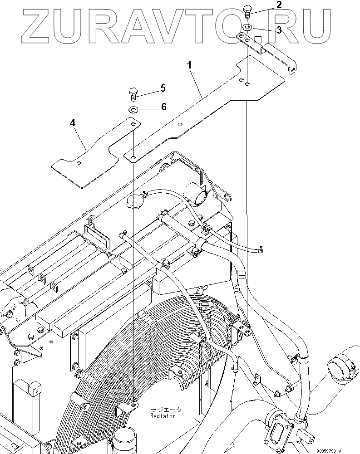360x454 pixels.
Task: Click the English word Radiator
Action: (163, 415)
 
